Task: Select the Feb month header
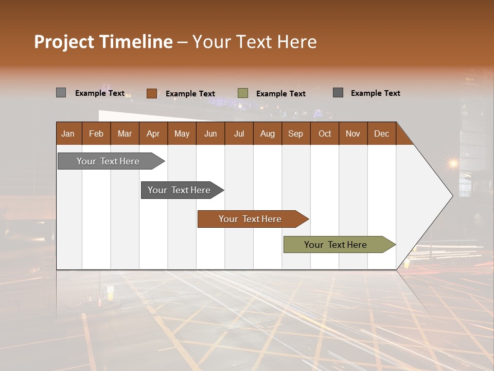point(96,133)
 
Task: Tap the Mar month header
point(125,133)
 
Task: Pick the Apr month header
point(153,133)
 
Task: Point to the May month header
point(182,133)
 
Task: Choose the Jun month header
point(210,133)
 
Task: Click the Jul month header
point(239,133)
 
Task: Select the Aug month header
point(268,133)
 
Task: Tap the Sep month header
point(296,133)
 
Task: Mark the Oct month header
point(325,133)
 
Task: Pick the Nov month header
point(353,133)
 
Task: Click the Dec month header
point(382,133)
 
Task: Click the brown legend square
point(151,93)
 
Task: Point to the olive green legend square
point(243,93)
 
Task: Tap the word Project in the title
point(64,42)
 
